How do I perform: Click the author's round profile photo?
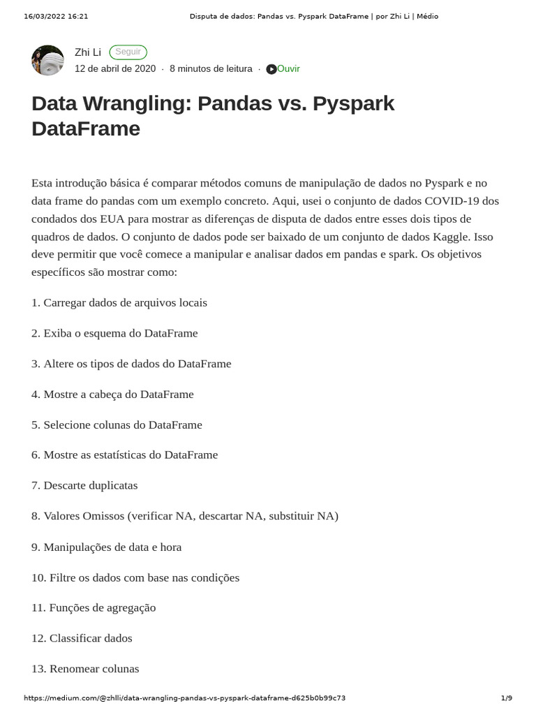48,60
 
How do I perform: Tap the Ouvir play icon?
271,69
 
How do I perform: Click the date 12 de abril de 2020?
115,68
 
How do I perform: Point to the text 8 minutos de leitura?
211,68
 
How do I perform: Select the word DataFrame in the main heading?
86,128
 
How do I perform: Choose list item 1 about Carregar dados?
119,302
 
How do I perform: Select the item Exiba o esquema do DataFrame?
115,333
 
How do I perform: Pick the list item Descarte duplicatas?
84,485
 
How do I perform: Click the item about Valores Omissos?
185,516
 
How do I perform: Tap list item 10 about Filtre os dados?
135,577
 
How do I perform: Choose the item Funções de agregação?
94,607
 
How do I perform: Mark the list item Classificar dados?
82,638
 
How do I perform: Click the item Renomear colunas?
85,668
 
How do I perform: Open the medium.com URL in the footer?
184,698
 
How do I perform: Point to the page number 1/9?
507,698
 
